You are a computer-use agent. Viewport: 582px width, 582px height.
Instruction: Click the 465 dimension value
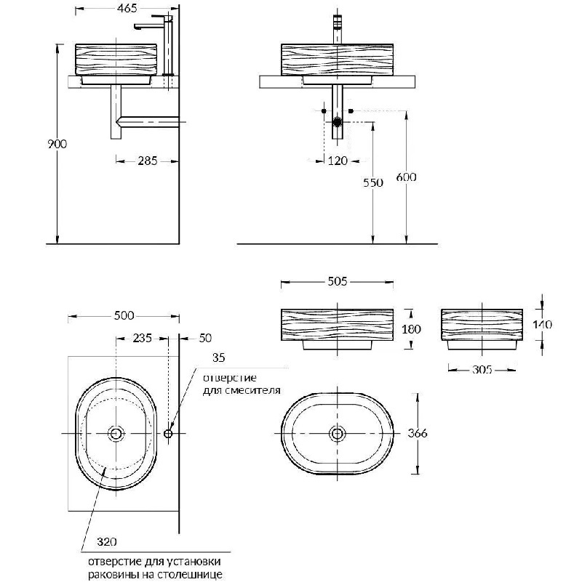(127, 9)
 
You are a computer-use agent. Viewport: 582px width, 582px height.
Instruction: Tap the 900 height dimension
(57, 144)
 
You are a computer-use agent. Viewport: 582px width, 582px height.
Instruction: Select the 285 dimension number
(148, 161)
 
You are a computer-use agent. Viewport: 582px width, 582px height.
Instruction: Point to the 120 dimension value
(338, 161)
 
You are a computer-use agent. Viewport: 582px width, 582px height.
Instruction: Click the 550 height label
(372, 182)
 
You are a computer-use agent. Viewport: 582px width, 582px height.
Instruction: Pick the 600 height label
(406, 177)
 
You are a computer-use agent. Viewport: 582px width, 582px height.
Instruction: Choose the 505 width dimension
(337, 282)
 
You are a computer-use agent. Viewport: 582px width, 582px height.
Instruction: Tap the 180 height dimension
(412, 329)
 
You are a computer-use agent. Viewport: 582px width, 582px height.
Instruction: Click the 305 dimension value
(482, 370)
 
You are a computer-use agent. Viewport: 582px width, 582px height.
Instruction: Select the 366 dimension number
(418, 433)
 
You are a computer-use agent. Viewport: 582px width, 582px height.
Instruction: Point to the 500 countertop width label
(124, 315)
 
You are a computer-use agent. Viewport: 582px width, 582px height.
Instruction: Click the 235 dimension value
(143, 338)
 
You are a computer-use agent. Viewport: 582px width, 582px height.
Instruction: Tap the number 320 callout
(107, 542)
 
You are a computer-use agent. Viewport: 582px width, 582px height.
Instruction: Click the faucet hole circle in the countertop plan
(168, 433)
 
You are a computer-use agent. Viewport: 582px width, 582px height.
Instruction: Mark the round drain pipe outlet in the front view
(337, 122)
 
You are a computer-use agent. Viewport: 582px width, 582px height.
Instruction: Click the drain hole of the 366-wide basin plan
(337, 434)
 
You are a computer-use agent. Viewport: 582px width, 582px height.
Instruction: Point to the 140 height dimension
(542, 325)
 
